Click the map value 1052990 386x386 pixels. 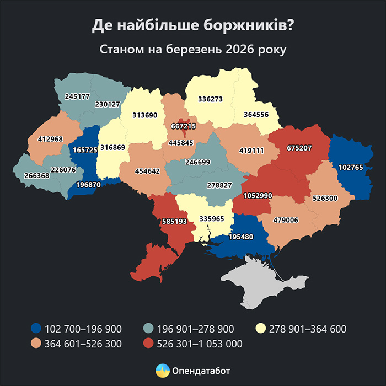tap(258, 196)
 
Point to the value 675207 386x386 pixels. tap(299, 148)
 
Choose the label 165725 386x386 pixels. tap(84, 150)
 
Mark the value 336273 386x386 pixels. tap(211, 100)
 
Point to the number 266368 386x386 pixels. tap(37, 175)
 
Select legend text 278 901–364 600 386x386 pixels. tap(307, 329)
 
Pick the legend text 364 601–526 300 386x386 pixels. tap(83, 344)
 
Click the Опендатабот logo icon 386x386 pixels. tap(162, 370)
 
